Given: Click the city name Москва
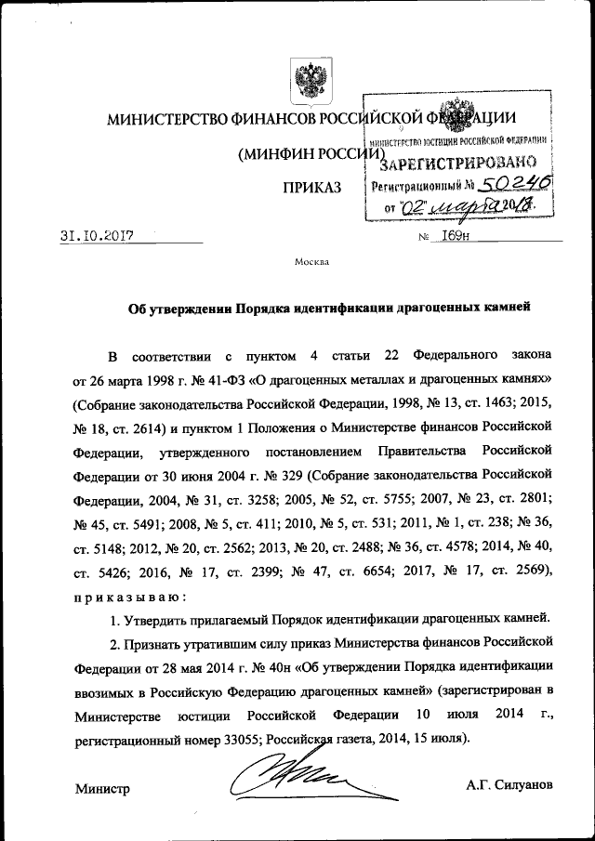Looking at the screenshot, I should [x=311, y=262].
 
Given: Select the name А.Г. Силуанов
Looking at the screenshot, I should [x=510, y=785].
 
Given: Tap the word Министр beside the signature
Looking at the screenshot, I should [x=102, y=788].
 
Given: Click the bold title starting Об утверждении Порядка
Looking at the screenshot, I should [x=328, y=309].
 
